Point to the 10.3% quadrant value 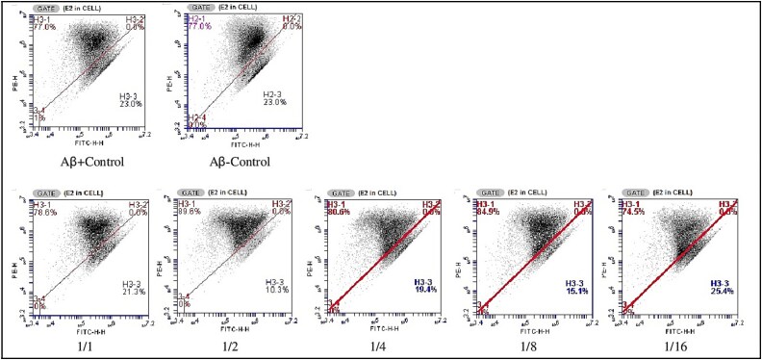coord(280,291)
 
